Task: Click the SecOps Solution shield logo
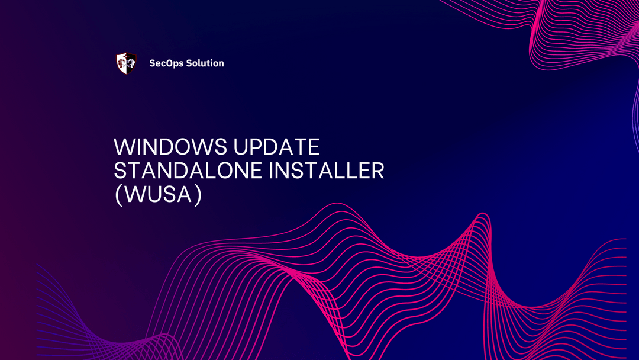pos(126,63)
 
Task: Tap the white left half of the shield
pos(121,63)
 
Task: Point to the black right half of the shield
pos(131,63)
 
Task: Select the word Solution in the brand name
pos(205,63)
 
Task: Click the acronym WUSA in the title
pos(157,195)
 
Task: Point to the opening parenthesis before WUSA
pos(117,195)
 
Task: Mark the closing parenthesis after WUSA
pos(198,195)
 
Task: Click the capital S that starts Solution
pos(189,63)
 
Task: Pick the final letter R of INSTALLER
pos(377,171)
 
